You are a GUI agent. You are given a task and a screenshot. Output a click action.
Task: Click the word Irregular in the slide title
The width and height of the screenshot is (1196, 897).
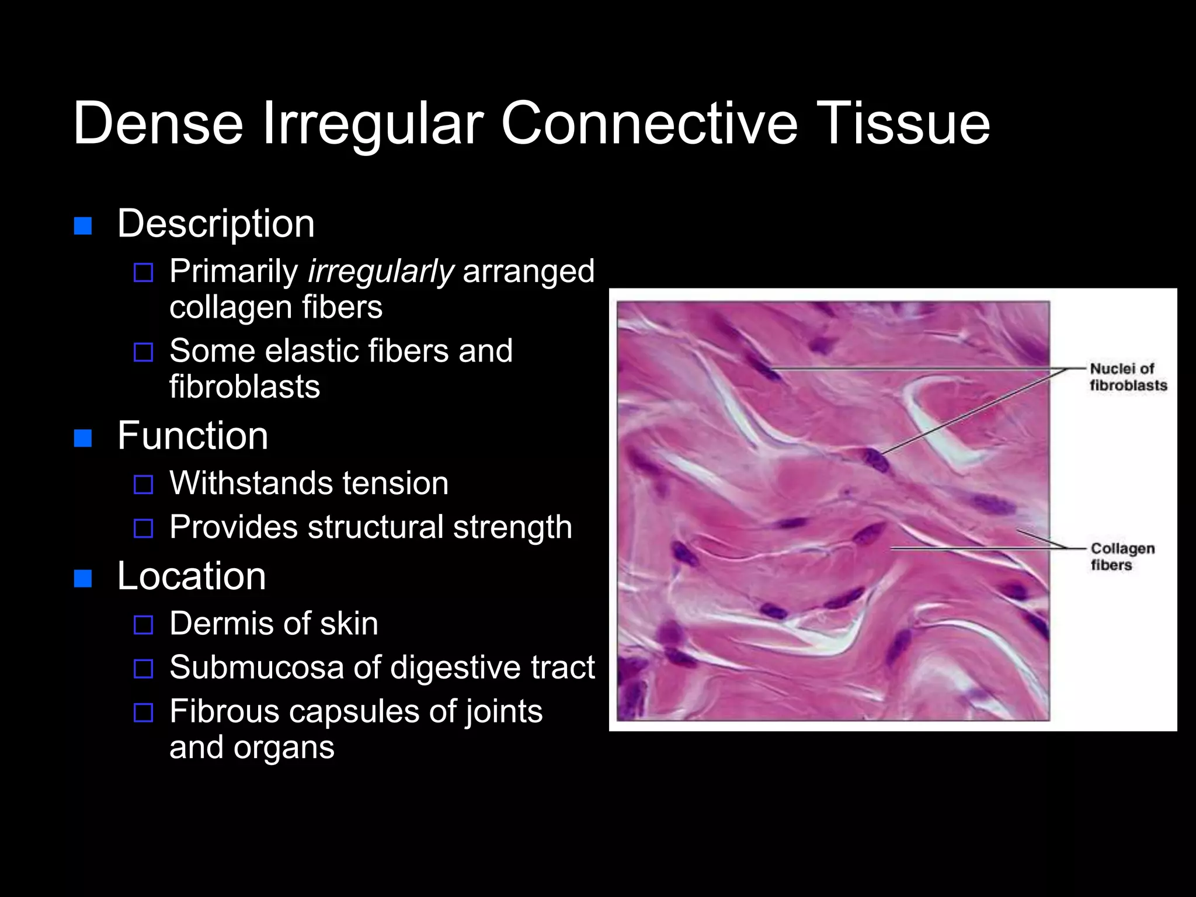(373, 124)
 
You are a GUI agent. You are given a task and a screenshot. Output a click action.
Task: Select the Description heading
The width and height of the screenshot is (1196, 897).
(215, 224)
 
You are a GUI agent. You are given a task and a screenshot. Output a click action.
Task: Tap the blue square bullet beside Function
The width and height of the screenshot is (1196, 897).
(83, 437)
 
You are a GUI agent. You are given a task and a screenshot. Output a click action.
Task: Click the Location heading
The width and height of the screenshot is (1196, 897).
(192, 576)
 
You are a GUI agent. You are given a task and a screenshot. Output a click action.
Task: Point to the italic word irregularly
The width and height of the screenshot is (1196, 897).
(381, 272)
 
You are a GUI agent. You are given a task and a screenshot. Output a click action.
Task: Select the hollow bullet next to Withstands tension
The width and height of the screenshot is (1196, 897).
(143, 484)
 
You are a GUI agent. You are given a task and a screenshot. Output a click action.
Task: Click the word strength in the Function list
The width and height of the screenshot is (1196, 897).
(512, 527)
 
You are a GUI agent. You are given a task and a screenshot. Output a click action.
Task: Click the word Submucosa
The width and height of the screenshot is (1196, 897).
(256, 667)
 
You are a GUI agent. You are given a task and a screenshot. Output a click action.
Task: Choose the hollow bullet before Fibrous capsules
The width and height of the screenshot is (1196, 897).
(143, 712)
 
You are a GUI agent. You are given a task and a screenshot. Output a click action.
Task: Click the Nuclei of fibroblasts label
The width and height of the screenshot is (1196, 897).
(1128, 377)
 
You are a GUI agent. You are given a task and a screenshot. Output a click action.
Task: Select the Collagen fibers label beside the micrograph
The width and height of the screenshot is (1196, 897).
(1122, 557)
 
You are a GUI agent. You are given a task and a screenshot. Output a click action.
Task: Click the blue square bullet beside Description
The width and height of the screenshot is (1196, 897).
(83, 225)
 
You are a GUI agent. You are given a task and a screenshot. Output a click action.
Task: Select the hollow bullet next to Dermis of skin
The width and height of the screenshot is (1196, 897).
(143, 625)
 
